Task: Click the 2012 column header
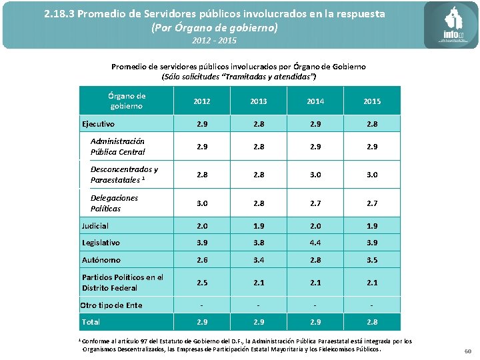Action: coord(201,101)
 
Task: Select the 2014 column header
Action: coord(315,101)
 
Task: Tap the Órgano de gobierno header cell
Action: coord(127,101)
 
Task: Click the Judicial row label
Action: coord(95,226)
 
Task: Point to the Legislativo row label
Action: coord(101,243)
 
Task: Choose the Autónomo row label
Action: coord(101,260)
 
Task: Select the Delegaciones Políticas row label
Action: coord(115,203)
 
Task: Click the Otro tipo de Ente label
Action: coord(111,305)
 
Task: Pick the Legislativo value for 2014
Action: coord(315,243)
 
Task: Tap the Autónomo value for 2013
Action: coord(258,260)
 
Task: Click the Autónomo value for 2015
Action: coord(372,260)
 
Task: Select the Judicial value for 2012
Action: coord(201,226)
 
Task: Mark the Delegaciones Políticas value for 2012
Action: coord(201,203)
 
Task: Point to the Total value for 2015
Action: coord(372,322)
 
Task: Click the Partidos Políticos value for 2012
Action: coord(201,283)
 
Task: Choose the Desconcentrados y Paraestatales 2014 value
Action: coord(315,175)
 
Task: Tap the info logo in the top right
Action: coord(451,26)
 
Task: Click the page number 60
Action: coord(467,351)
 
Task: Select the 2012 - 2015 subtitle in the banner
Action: coord(214,41)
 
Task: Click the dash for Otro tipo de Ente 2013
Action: coord(258,305)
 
